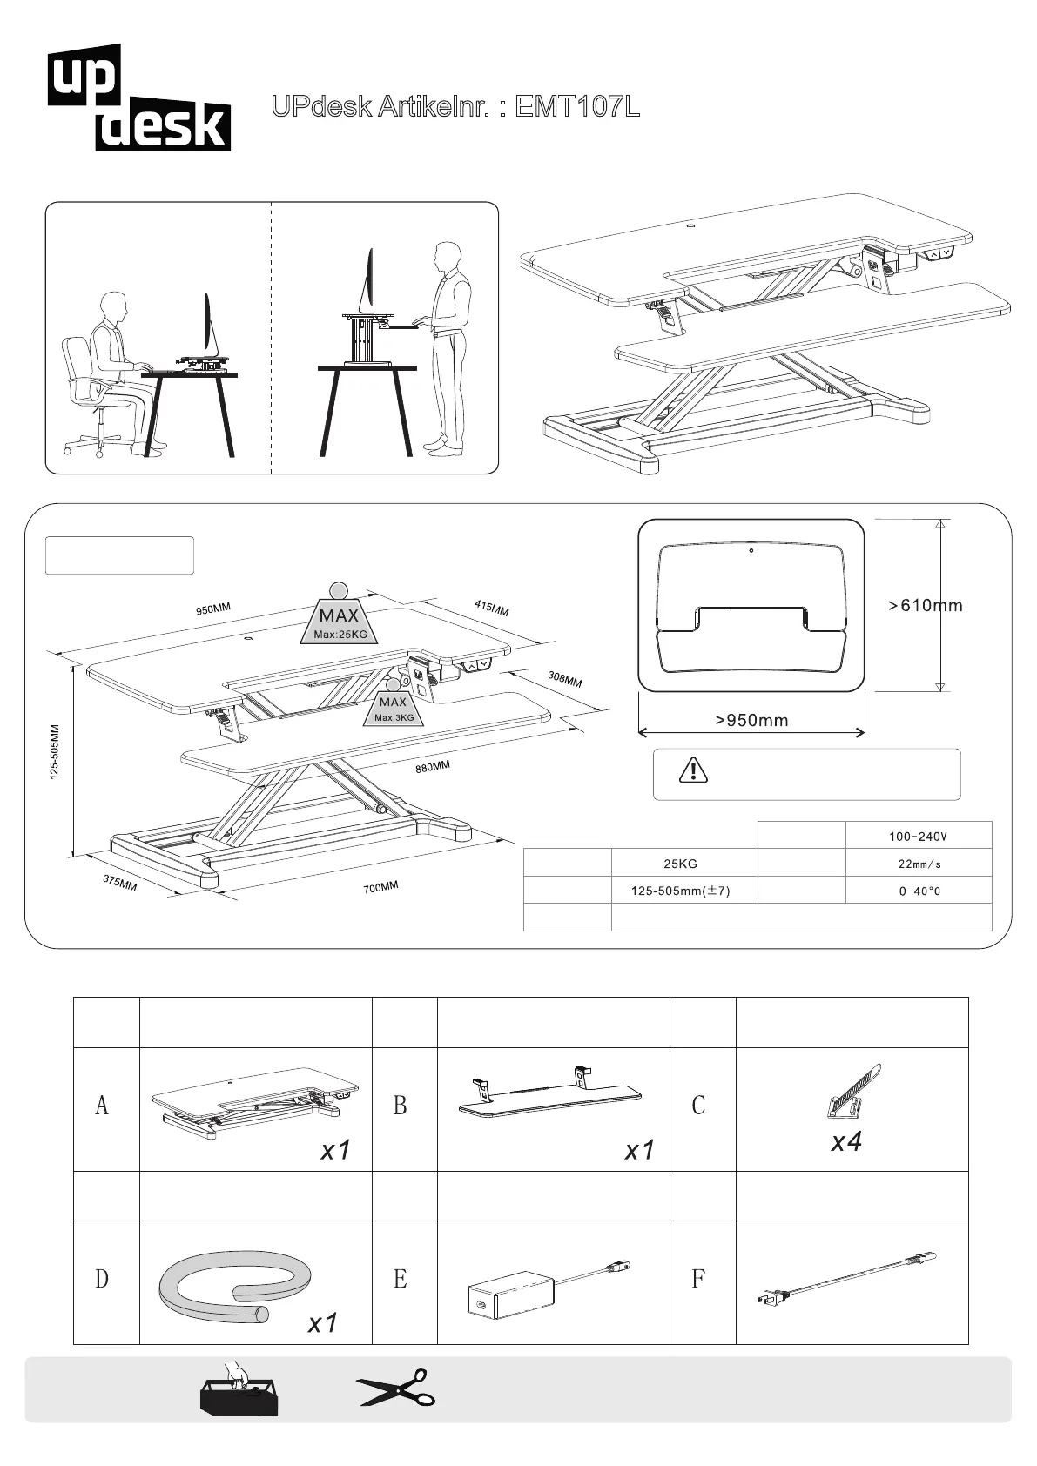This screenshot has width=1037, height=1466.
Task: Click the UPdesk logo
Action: click(x=139, y=98)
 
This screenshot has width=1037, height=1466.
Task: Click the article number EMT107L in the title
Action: click(x=577, y=107)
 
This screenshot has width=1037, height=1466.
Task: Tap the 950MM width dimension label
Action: click(x=213, y=609)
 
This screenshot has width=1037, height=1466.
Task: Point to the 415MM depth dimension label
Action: click(x=491, y=608)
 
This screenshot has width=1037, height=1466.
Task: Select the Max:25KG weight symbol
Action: click(x=340, y=618)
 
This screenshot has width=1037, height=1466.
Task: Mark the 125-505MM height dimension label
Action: click(x=55, y=752)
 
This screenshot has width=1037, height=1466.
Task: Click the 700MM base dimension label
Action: click(x=381, y=887)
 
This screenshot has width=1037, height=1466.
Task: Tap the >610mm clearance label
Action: click(x=925, y=606)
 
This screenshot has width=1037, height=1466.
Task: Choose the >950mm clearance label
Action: click(x=751, y=720)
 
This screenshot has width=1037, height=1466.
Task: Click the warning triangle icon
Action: click(x=693, y=770)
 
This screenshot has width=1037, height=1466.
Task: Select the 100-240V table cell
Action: click(x=918, y=837)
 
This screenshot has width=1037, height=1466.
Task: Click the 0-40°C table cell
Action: click(x=919, y=891)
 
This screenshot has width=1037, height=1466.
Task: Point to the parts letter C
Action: click(x=698, y=1106)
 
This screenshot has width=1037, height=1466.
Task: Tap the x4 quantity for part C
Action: click(x=846, y=1141)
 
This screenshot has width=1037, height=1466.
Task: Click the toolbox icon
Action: click(x=238, y=1391)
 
